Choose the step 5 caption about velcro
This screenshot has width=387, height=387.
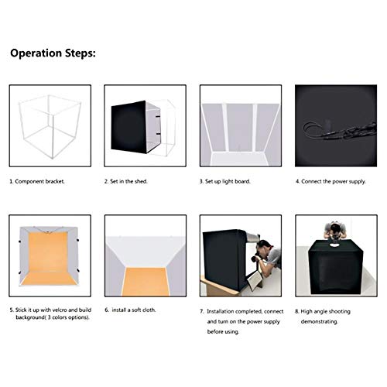pos(47,313)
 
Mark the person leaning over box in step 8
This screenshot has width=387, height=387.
pos(336,231)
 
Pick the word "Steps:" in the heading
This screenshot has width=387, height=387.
pos(80,54)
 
